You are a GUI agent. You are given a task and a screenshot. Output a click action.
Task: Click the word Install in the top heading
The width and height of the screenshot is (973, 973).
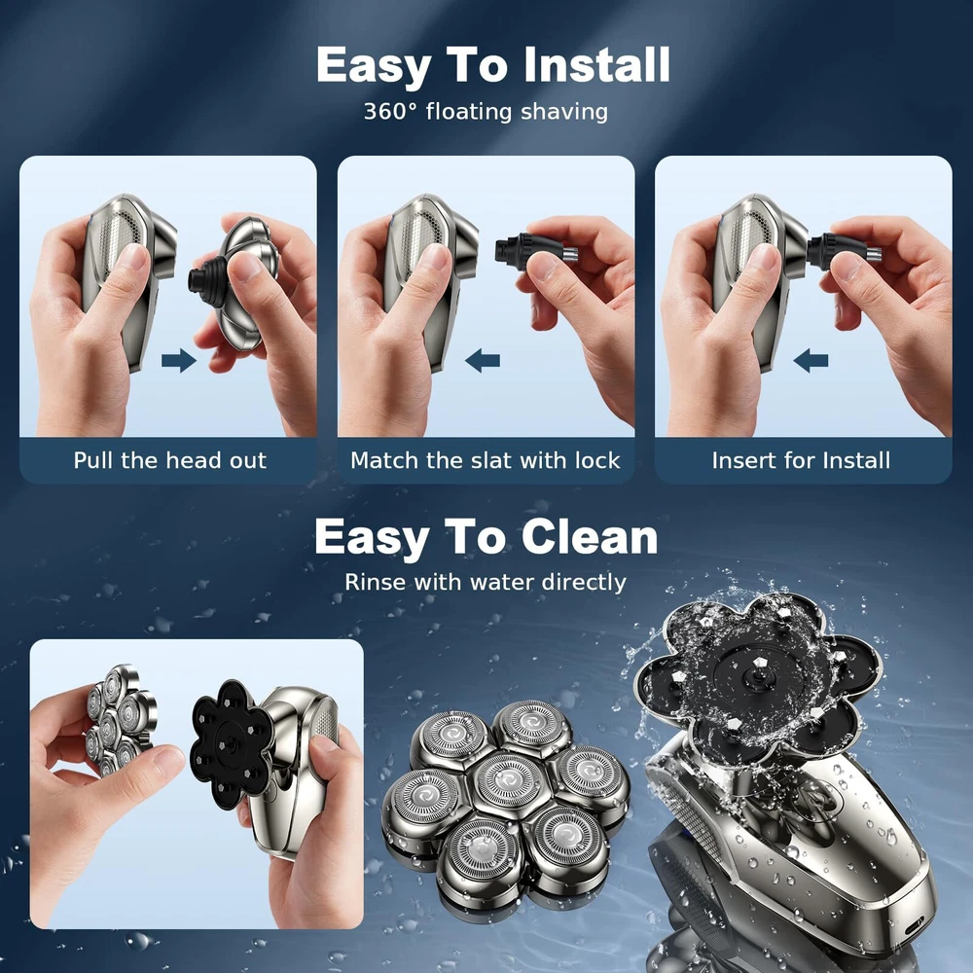[596, 64]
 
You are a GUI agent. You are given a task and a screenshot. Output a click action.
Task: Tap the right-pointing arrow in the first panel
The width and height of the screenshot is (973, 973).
[179, 360]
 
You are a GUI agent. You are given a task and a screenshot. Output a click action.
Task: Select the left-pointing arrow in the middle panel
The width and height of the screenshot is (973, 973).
[483, 360]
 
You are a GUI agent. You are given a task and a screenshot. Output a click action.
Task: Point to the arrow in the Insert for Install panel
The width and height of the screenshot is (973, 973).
[811, 360]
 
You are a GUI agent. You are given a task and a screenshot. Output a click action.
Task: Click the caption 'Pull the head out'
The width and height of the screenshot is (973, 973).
[170, 460]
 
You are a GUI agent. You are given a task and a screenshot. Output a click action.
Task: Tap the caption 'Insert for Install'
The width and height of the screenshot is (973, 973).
[801, 460]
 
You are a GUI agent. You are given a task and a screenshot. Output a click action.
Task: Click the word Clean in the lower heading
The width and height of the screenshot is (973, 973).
[590, 537]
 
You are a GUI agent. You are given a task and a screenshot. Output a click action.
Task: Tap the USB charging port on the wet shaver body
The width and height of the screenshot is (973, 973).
[914, 929]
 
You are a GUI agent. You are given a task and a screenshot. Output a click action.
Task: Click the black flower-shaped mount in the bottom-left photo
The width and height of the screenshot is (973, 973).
[230, 744]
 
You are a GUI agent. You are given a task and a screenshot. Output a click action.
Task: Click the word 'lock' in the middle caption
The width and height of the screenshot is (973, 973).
[597, 460]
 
